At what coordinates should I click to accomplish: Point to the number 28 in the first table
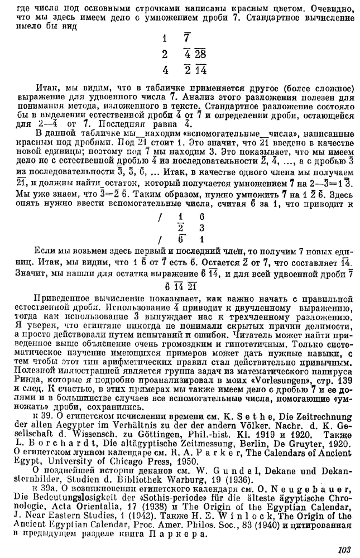200,55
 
